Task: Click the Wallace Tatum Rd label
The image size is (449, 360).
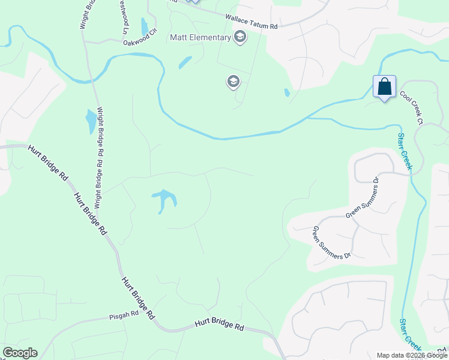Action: pos(252,22)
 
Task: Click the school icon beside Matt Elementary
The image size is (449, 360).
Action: pos(240,37)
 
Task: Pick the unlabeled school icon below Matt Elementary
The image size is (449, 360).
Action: pos(234,81)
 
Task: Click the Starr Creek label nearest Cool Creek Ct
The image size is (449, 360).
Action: pos(403,151)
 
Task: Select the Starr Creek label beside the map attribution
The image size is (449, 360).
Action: pos(410,334)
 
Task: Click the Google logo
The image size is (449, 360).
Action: pos(19,353)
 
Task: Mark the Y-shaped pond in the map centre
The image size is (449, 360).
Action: pos(164,200)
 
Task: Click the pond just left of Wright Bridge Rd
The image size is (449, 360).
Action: pos(91,121)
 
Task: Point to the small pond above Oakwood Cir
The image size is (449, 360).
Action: pos(144,26)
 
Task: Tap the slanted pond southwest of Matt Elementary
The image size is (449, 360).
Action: pos(185,62)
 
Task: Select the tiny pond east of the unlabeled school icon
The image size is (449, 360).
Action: pos(286,93)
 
